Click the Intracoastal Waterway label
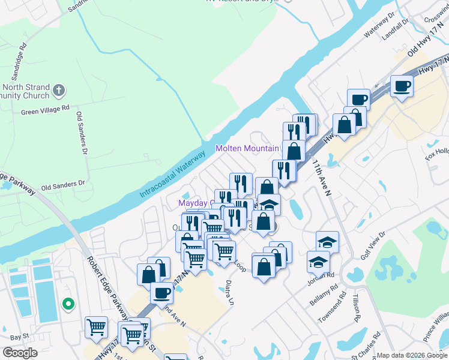coord(173,175)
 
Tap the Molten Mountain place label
coord(247,148)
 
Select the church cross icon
coord(58,91)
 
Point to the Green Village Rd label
coord(46,111)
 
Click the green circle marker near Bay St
coord(68,305)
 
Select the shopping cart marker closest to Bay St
coord(96,327)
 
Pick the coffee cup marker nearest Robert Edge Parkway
coord(161,293)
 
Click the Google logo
coord(20,353)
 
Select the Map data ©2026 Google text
coord(412,355)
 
